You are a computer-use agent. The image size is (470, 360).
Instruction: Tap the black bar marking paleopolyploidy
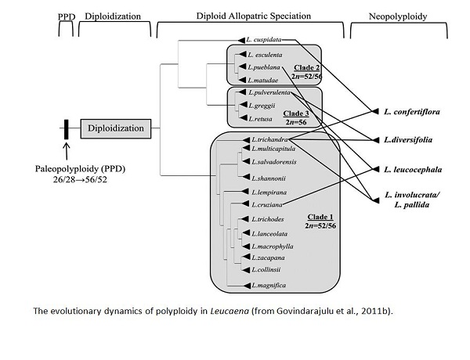click(x=67, y=127)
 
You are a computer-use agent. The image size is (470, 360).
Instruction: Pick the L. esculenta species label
click(x=264, y=55)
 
